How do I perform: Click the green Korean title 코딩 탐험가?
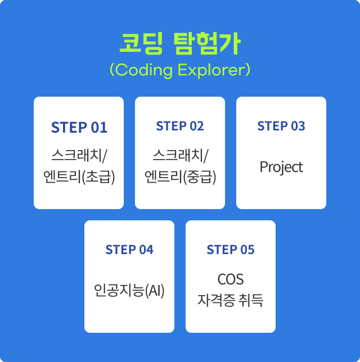(180, 44)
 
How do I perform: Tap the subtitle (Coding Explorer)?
(180, 70)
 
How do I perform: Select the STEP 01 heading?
(79, 127)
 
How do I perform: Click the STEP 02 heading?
(180, 126)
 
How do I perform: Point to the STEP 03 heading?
(281, 126)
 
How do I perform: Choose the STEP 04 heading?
(129, 250)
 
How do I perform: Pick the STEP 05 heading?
(231, 250)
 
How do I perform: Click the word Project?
(281, 167)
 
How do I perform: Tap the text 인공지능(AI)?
(129, 290)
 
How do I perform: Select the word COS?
(231, 279)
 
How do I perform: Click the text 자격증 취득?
(231, 300)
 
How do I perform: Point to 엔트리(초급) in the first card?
(79, 177)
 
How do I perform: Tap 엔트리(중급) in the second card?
(180, 177)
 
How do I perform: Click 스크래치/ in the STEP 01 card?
(79, 156)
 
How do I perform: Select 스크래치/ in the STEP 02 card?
(180, 156)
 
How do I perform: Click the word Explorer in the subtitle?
(214, 70)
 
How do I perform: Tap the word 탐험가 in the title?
(207, 44)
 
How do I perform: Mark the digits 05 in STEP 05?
(247, 250)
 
